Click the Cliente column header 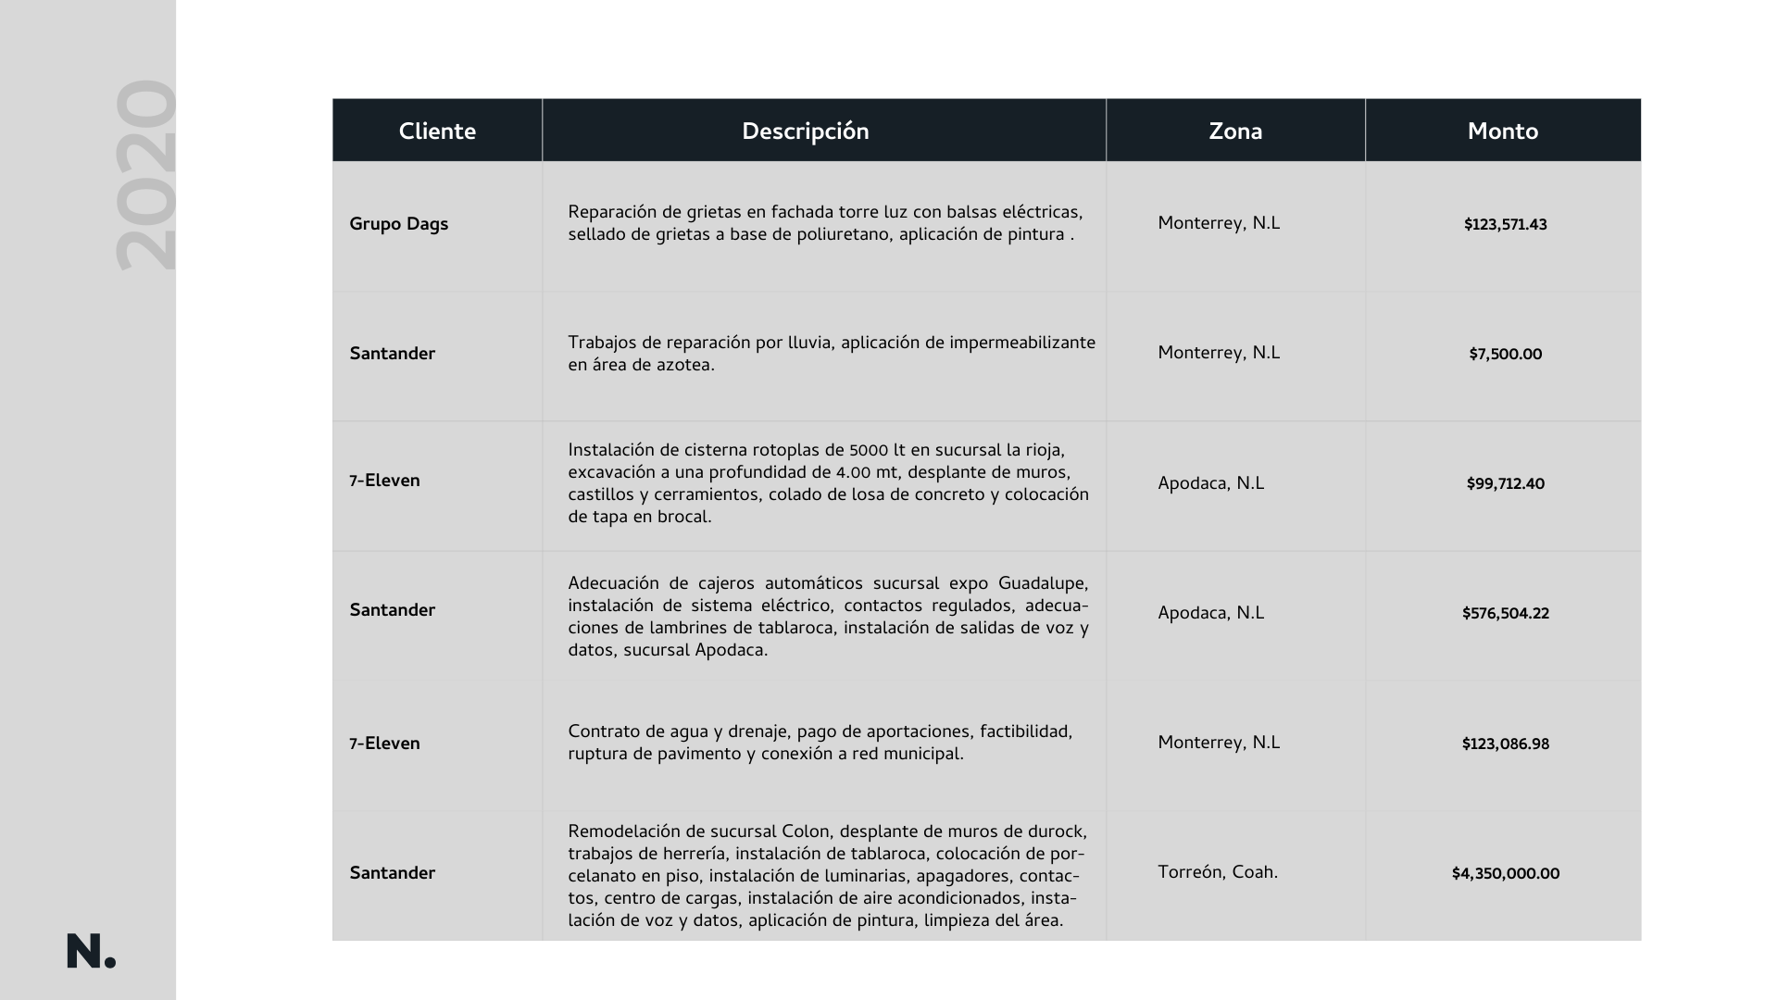click(x=437, y=131)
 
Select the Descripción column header click(x=805, y=131)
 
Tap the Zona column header click(x=1235, y=131)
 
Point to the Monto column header click(x=1502, y=131)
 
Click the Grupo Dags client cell click(x=398, y=224)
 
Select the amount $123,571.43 click(x=1505, y=225)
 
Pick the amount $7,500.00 click(x=1505, y=355)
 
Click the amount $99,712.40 click(x=1505, y=484)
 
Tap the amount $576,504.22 click(x=1505, y=614)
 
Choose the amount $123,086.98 click(x=1505, y=744)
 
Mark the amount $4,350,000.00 click(x=1505, y=874)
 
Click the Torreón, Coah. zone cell click(x=1217, y=872)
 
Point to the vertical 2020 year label click(x=145, y=175)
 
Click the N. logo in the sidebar click(x=91, y=952)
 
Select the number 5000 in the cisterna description click(x=869, y=451)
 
